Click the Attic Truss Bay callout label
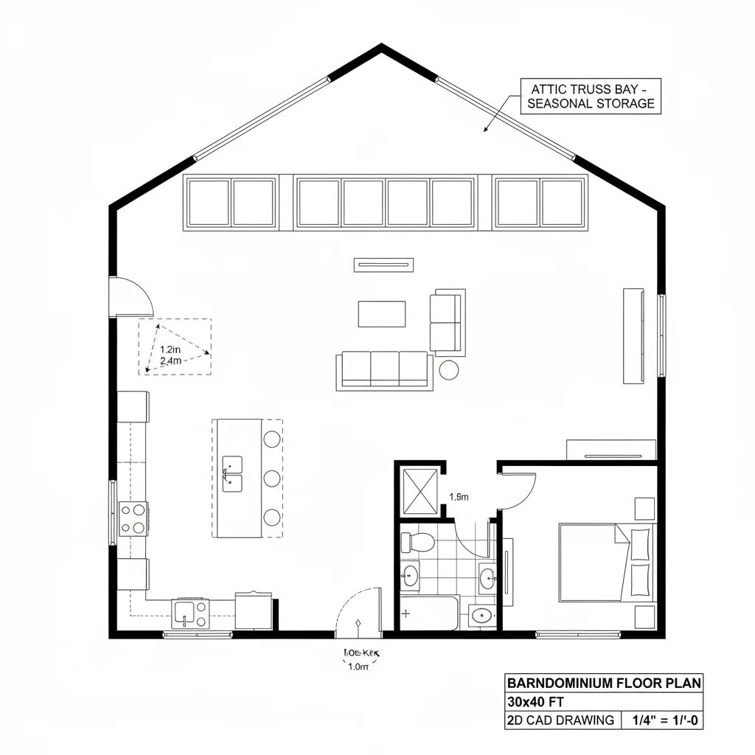(x=591, y=96)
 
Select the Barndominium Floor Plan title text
(x=604, y=683)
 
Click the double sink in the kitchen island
(x=232, y=473)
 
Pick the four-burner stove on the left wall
(x=133, y=518)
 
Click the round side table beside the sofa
(x=449, y=369)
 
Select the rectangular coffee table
(x=382, y=313)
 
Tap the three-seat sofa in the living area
(x=383, y=369)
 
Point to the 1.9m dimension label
(x=459, y=497)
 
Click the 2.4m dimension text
(x=170, y=362)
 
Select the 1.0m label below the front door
(x=358, y=667)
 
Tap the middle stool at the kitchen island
(x=272, y=479)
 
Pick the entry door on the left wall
(x=130, y=297)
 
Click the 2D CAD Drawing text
(x=560, y=720)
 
